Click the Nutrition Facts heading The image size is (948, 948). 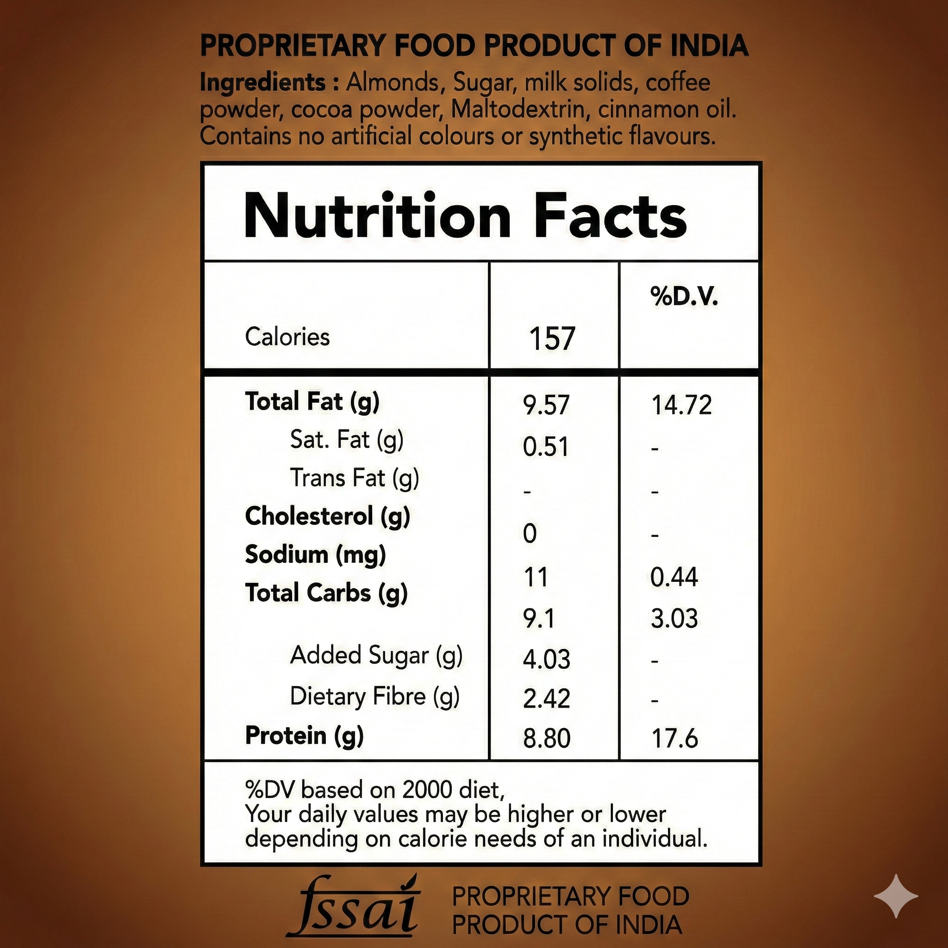click(x=465, y=216)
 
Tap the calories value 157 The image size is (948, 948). click(x=552, y=338)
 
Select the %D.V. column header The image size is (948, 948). click(x=684, y=297)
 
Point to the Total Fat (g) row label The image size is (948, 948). click(x=312, y=402)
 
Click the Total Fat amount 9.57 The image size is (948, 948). click(x=546, y=405)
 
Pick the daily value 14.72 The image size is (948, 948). click(x=681, y=405)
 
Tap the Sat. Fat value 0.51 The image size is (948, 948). click(x=546, y=447)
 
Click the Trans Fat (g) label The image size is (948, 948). click(x=354, y=478)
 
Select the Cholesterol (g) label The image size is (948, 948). click(x=327, y=517)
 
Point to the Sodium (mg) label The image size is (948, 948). click(x=315, y=555)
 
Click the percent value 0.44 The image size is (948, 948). click(x=674, y=577)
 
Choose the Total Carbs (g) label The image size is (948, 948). click(x=326, y=593)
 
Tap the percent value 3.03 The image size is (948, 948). click(x=674, y=619)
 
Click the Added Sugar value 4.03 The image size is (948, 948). click(x=547, y=659)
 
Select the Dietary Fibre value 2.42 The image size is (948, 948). click(x=547, y=699)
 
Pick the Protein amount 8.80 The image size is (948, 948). click(x=547, y=738)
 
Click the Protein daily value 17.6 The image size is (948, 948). click(x=674, y=738)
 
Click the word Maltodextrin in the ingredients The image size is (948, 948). click(x=517, y=109)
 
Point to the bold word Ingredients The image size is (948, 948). click(x=263, y=82)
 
